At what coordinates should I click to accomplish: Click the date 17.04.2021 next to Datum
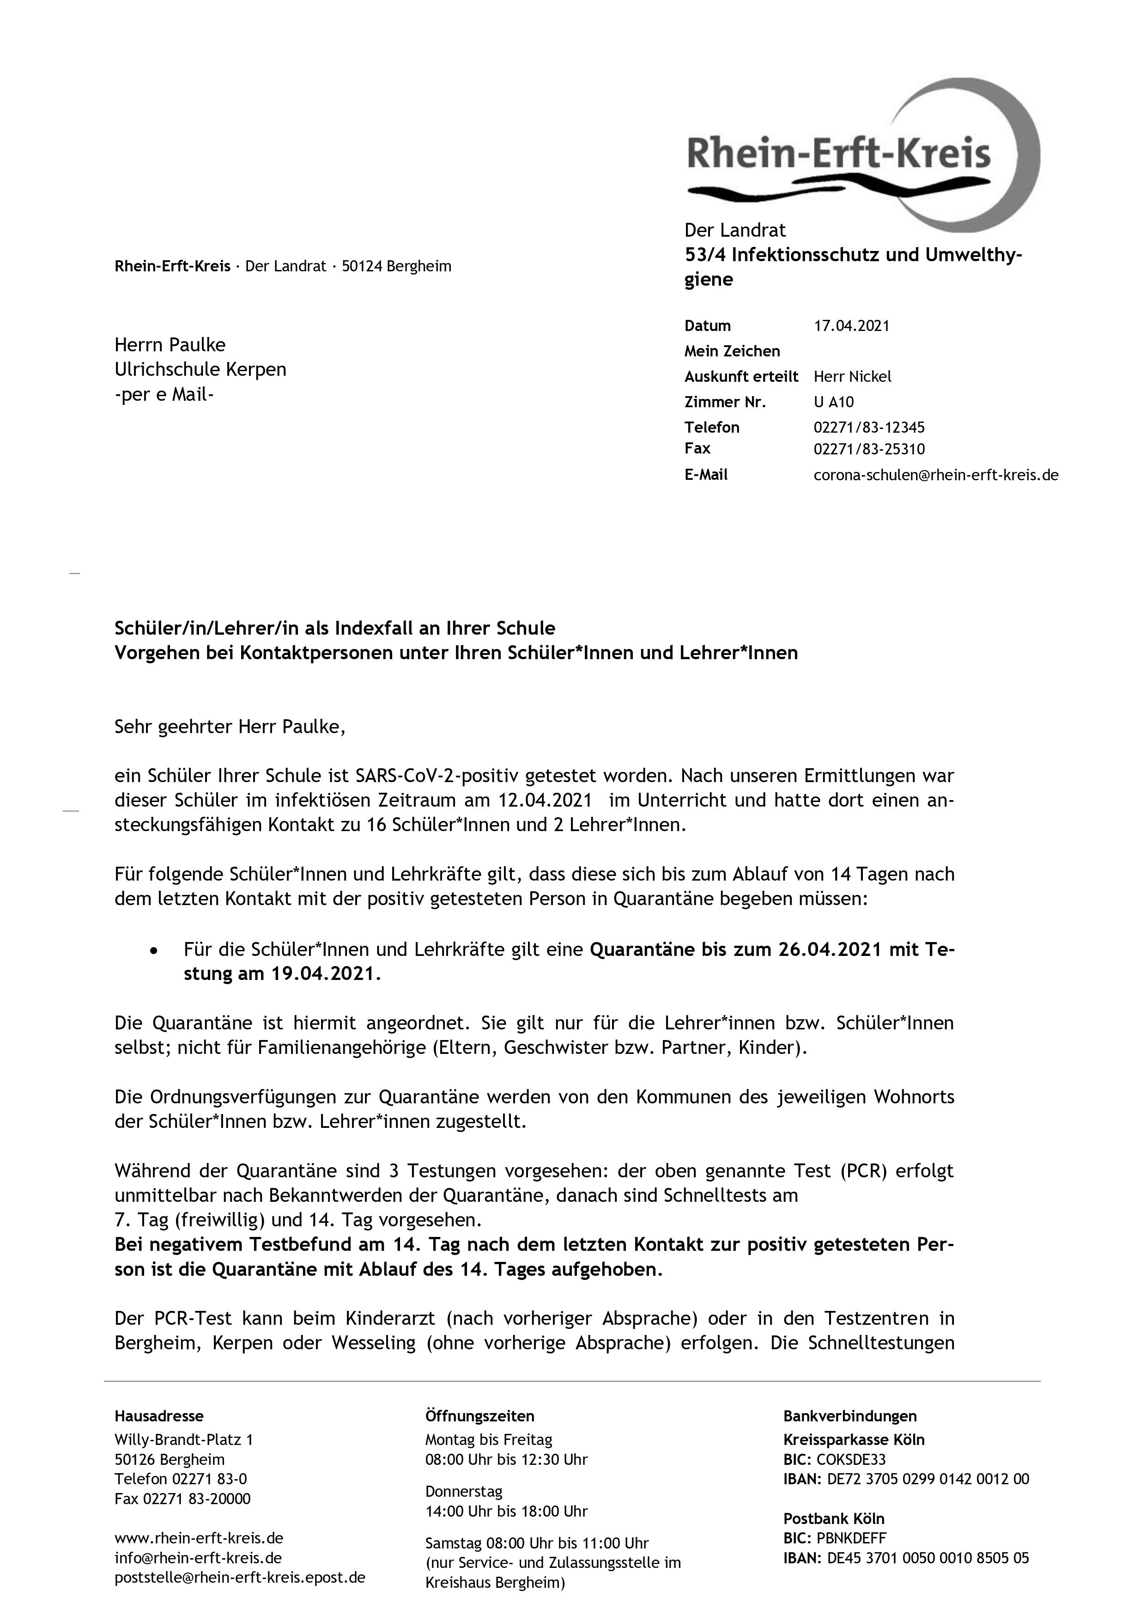[852, 326]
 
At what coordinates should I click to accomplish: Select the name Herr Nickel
[852, 377]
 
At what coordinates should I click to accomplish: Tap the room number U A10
[833, 402]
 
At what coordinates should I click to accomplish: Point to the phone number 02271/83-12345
[868, 428]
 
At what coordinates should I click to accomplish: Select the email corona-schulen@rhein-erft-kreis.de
[935, 475]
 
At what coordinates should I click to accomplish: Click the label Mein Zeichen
[732, 351]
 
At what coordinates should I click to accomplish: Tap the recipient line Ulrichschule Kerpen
[200, 369]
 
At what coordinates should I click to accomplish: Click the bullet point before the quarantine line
[153, 951]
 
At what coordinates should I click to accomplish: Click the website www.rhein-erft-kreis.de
[199, 1538]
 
